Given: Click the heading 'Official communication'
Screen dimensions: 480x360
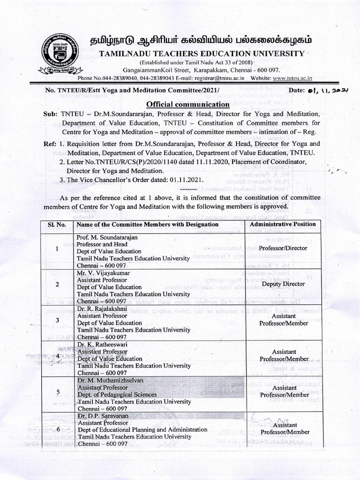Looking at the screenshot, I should (x=182, y=104).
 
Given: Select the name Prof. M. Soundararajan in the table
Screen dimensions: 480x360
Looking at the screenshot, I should (x=107, y=237).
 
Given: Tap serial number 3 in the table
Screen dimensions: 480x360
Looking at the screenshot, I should (x=57, y=320).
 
